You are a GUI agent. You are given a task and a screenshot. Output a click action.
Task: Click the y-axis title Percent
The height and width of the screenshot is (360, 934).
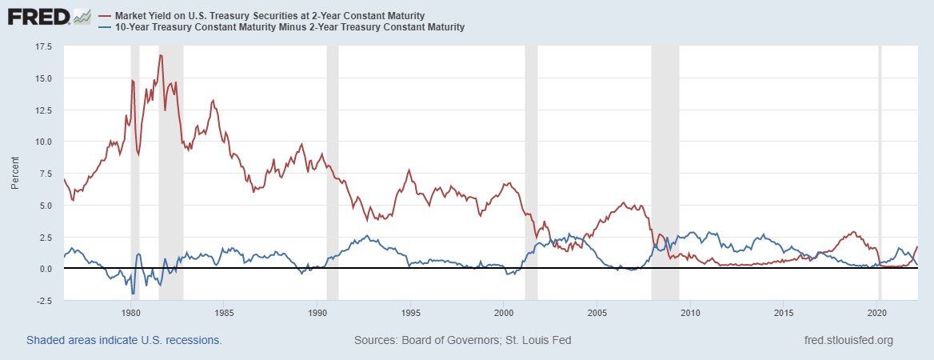[x=15, y=174]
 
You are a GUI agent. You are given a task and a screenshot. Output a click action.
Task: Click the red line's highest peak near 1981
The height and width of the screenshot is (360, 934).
[x=161, y=55]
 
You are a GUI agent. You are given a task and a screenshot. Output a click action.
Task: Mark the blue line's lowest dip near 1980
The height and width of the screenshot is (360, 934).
[x=133, y=294]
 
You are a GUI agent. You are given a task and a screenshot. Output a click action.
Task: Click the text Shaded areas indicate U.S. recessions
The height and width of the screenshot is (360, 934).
[x=124, y=340]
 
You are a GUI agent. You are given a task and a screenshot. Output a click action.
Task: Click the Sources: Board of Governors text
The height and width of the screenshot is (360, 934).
[x=462, y=340]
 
